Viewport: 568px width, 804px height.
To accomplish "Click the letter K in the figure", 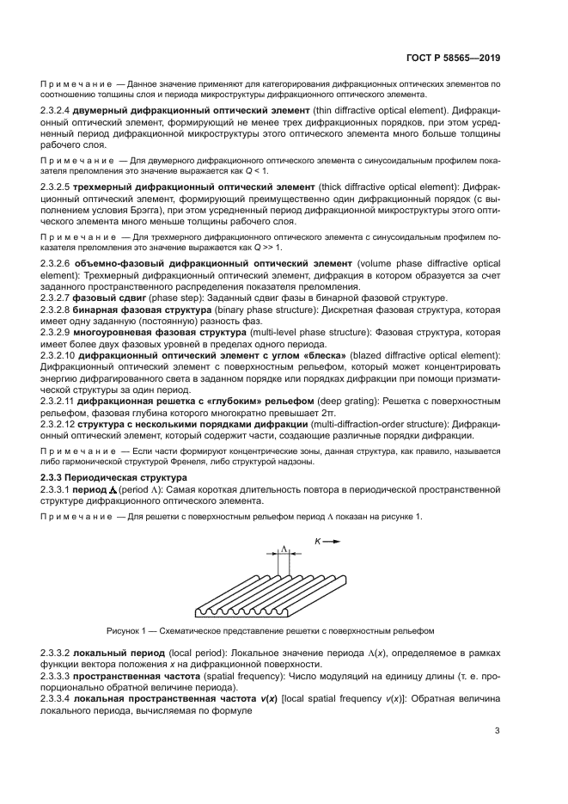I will pos(318,541).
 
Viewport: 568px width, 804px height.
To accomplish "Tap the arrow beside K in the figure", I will pos(334,541).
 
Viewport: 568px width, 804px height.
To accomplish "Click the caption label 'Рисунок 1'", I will pos(128,629).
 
